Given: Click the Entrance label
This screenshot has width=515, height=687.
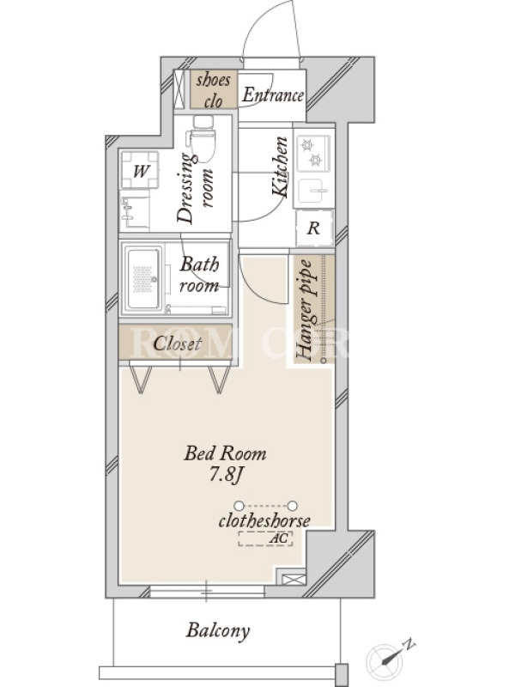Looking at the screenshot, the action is (273, 94).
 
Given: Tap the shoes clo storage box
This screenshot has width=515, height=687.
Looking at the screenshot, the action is (214, 89).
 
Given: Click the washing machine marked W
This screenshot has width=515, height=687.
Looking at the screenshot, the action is (140, 170).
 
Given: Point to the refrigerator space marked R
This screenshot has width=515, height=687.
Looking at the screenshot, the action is (314, 228).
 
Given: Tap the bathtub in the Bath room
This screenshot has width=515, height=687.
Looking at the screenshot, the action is (143, 278).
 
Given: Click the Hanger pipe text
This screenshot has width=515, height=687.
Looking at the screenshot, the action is (305, 310).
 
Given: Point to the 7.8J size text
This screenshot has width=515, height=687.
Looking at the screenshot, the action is (225, 475).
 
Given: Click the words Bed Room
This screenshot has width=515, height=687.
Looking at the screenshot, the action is (225, 453).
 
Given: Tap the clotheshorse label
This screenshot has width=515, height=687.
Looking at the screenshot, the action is (264, 520).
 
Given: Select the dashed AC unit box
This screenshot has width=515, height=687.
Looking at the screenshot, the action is (265, 539).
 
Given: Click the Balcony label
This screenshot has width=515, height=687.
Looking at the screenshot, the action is (218, 631).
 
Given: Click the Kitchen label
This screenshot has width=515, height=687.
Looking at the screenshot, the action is (280, 167).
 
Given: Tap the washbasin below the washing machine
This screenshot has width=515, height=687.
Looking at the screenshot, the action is (135, 211).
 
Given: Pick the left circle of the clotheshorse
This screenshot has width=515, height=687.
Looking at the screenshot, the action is (239, 506).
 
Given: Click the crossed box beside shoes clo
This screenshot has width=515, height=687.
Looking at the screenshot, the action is (179, 89).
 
